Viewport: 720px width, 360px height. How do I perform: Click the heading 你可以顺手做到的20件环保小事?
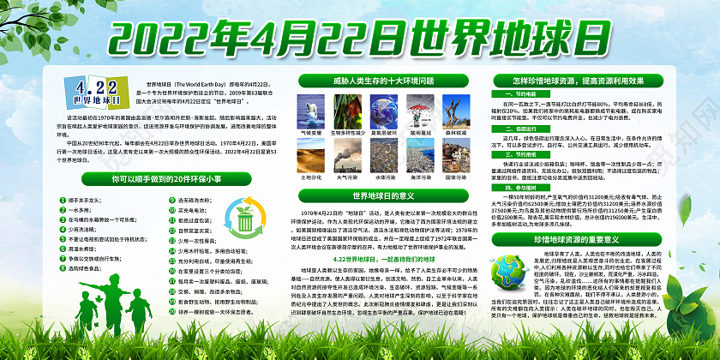coord(160,180)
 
